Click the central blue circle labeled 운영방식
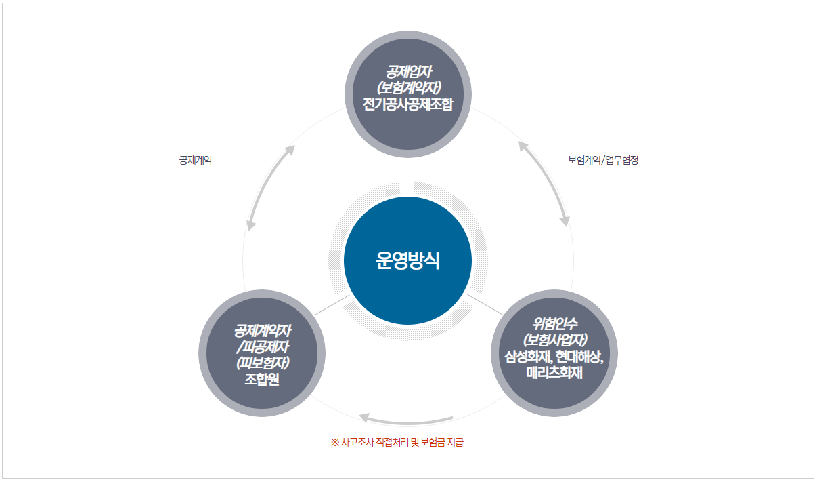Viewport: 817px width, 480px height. coord(407,260)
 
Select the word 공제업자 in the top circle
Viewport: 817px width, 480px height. coord(407,71)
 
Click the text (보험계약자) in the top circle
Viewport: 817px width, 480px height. coord(407,88)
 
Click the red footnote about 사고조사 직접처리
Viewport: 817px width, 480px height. coord(397,443)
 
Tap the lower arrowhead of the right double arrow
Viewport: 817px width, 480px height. coord(565,220)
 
